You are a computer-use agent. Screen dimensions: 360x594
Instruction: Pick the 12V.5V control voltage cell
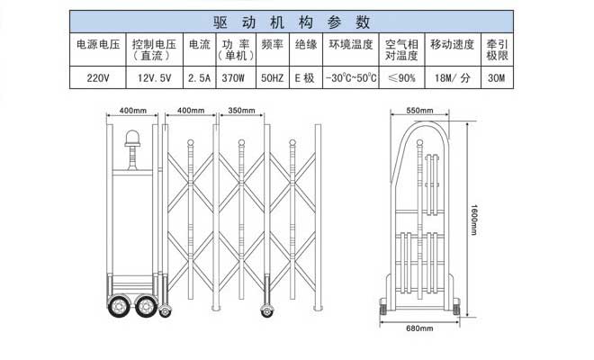pos(155,78)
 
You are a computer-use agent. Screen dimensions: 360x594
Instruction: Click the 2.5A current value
pos(199,78)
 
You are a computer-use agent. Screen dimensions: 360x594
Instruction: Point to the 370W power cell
pos(234,78)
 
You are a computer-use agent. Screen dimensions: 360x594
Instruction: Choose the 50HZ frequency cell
pos(272,78)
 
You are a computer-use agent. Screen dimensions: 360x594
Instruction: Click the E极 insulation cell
pos(305,78)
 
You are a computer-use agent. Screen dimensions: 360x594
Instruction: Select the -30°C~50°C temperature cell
pos(352,78)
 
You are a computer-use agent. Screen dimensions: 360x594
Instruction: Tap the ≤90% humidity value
pos(401,78)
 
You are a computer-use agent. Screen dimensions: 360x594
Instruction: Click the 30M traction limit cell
pos(495,78)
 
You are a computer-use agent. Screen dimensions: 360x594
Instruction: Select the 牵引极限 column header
pos(495,49)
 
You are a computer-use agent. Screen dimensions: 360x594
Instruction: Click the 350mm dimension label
pos(242,111)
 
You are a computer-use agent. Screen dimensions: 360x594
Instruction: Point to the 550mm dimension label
pos(419,110)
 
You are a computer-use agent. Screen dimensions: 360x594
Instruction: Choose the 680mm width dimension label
pos(419,328)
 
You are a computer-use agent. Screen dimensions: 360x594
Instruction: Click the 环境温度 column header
pos(352,44)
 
